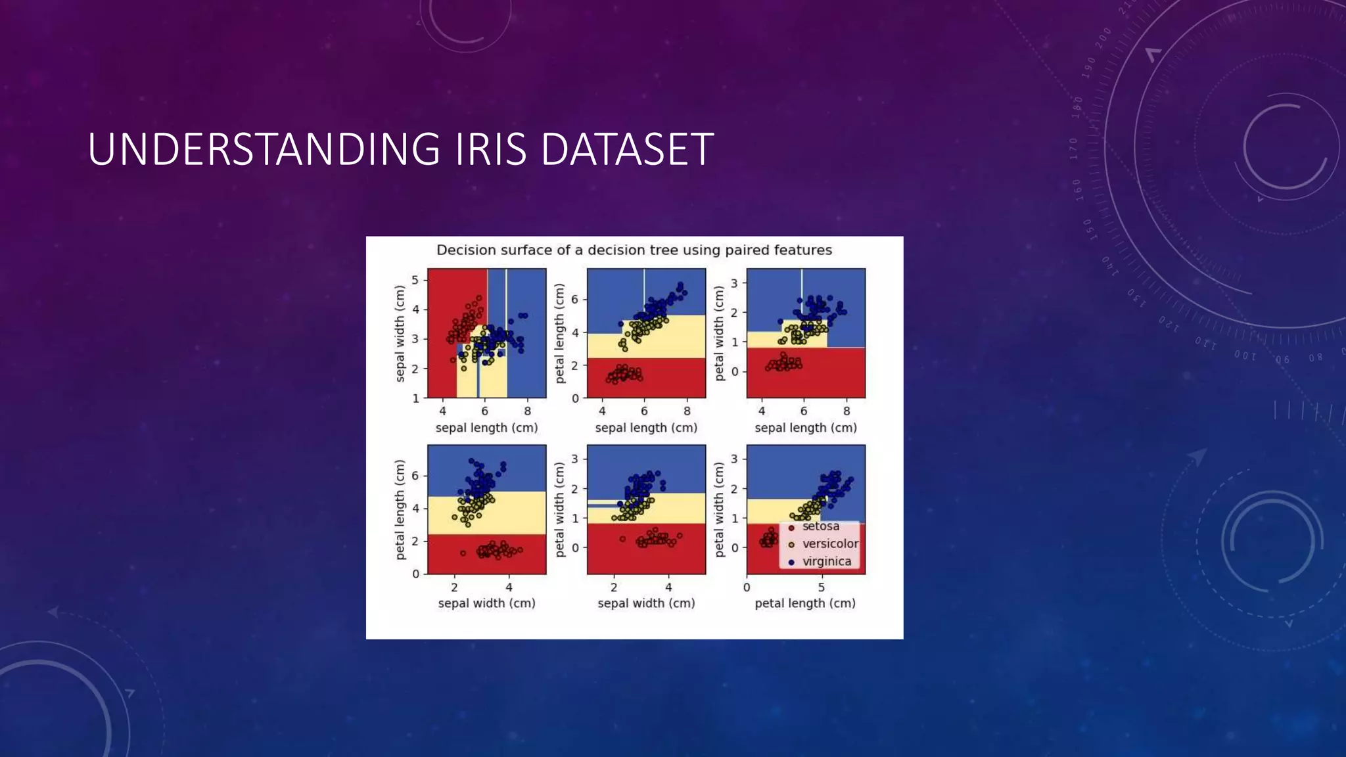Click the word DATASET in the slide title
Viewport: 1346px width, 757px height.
pos(626,149)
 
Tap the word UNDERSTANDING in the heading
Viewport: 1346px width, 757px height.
pos(264,149)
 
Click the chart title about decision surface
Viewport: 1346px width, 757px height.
pos(634,250)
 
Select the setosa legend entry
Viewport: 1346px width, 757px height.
pos(820,526)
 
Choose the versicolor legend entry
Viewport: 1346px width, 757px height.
pos(829,543)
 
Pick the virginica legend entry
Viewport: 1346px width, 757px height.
pos(826,561)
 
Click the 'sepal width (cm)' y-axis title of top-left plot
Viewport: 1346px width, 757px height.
pos(400,333)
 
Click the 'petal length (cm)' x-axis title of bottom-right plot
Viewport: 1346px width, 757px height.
pos(805,603)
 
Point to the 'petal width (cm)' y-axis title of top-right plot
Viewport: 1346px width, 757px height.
pos(719,333)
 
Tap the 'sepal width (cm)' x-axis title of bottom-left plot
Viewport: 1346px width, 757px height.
pos(486,603)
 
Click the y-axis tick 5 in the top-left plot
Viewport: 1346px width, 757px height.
pos(415,280)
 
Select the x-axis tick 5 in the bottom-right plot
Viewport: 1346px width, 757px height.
pos(821,587)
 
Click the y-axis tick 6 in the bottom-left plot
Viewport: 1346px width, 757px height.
pos(415,476)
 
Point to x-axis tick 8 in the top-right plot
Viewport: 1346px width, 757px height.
pos(847,411)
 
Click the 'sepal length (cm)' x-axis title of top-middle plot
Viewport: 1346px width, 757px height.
pos(646,428)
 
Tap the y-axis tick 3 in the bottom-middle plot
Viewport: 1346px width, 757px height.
pos(574,459)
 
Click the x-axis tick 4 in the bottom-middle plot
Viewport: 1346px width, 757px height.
pos(668,587)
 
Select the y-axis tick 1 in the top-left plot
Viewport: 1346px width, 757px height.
pos(415,398)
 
